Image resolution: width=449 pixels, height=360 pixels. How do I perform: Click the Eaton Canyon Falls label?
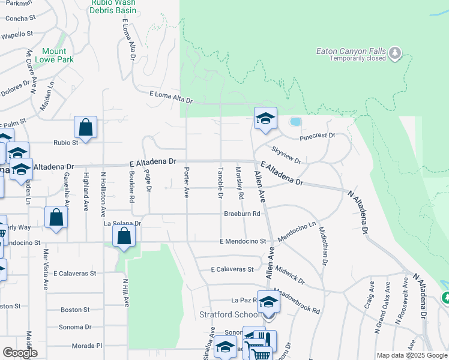pos(351,51)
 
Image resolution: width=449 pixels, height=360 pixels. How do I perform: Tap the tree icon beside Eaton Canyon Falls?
pos(395,53)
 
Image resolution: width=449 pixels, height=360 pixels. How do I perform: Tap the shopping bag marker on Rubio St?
pos(85,128)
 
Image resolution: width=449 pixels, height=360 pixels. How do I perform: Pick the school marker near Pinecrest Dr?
pos(265,118)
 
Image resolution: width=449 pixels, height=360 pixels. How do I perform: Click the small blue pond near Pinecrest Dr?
pos(295,122)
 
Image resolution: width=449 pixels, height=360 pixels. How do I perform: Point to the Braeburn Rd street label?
pos(242,214)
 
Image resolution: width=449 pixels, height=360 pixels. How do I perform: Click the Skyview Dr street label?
pos(286,154)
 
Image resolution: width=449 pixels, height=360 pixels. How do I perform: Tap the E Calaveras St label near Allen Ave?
pos(232,270)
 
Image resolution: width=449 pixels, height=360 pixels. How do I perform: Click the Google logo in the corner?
pos(20,353)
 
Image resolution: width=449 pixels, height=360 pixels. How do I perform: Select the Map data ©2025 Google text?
pos(412,355)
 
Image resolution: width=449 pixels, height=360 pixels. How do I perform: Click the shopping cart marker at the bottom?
pos(261,353)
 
